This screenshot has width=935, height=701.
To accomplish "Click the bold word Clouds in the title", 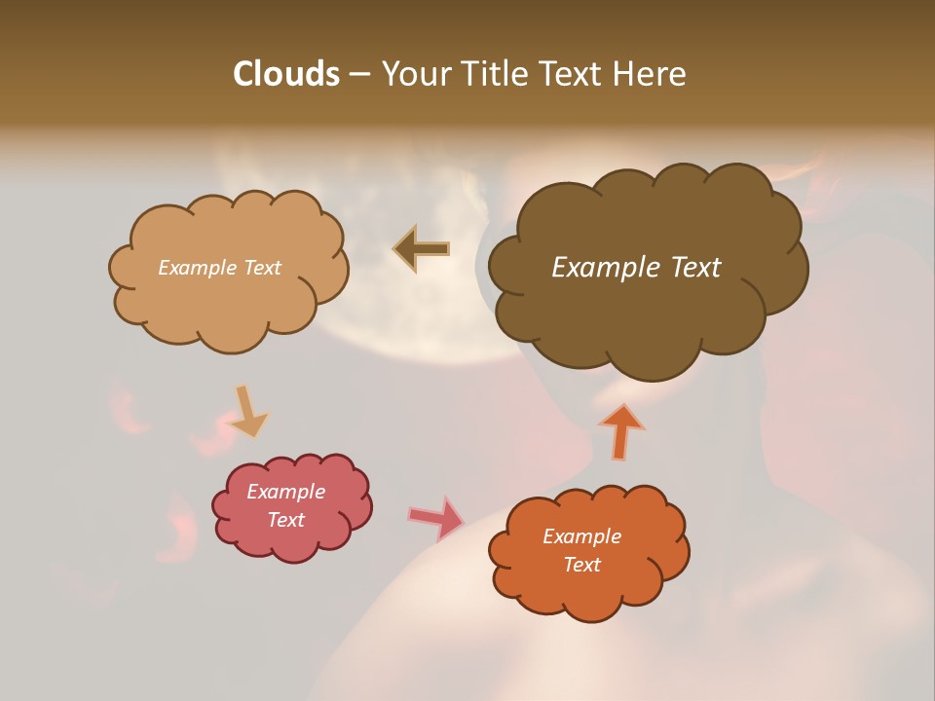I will [285, 74].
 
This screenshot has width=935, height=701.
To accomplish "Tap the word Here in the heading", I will [652, 74].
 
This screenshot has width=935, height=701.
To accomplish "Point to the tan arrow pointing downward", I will [248, 412].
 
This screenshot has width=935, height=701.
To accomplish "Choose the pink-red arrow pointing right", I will [435, 518].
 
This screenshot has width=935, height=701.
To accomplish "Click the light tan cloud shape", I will [229, 292].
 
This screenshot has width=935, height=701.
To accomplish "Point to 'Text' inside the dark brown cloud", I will [695, 268].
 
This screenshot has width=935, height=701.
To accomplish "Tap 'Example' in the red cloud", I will [285, 492].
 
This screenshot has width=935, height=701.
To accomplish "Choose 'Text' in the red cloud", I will [285, 520].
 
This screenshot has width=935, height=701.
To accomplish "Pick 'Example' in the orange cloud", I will [581, 536].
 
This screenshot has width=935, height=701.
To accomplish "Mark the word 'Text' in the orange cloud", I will [581, 565].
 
